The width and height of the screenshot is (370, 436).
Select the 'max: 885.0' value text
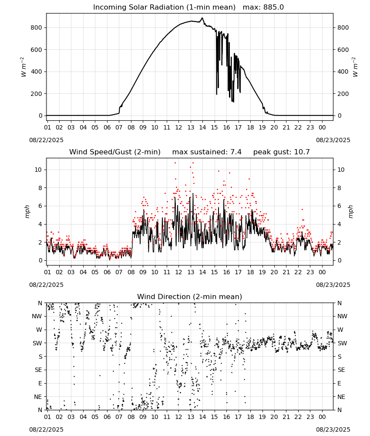tap(263, 7)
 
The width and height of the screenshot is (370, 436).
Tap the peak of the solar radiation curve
tap(202, 18)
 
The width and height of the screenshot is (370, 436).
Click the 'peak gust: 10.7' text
tap(281, 152)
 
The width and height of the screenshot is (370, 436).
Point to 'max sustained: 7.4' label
tap(207, 152)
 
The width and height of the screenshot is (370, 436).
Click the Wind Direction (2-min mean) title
tap(190, 296)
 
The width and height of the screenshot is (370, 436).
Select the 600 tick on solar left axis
tap(37, 50)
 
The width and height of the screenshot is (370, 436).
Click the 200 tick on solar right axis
tap(343, 94)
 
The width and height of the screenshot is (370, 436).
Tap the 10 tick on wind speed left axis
tap(38, 170)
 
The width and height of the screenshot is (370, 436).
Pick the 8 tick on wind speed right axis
tap(339, 188)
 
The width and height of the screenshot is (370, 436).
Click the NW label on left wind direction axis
tap(37, 317)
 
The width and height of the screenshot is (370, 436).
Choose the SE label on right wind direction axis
tap(341, 370)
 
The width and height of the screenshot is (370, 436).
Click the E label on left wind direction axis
tap(40, 383)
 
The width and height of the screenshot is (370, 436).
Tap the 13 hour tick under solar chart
tap(191, 128)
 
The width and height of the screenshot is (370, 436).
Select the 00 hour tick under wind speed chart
tap(322, 272)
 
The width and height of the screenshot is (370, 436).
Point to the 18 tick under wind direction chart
tap(250, 417)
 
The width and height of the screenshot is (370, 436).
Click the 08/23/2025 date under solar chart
tap(333, 140)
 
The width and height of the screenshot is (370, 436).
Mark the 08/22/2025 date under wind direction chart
tap(46, 429)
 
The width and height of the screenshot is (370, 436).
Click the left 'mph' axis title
tap(27, 212)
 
